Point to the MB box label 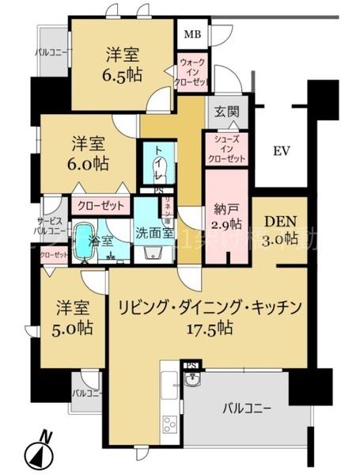(192, 34)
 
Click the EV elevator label (282, 150)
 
